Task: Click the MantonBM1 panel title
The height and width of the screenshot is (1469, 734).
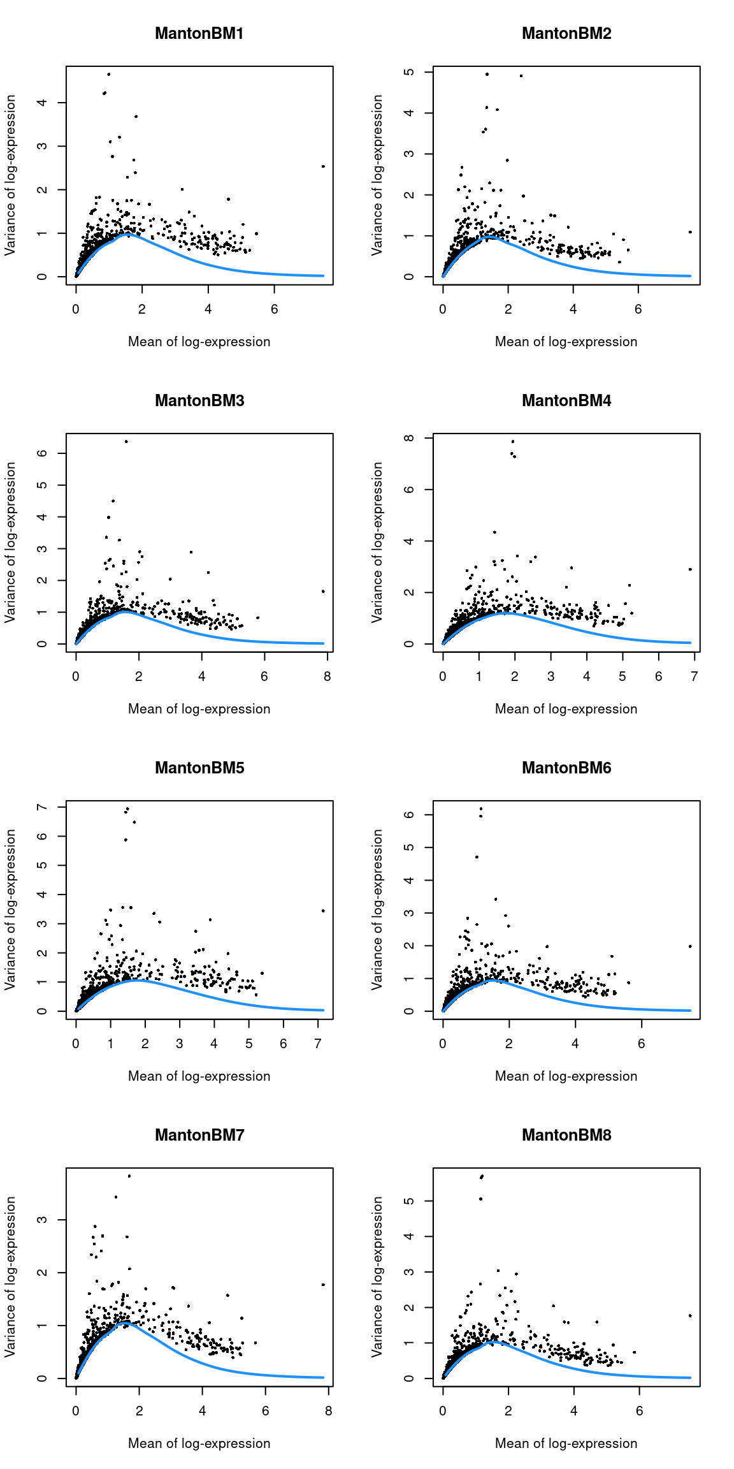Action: click(x=199, y=33)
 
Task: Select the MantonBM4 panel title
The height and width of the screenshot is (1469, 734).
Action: click(x=566, y=400)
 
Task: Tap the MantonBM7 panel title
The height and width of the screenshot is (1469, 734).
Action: click(x=199, y=1135)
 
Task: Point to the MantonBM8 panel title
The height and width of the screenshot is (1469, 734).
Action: click(x=566, y=1135)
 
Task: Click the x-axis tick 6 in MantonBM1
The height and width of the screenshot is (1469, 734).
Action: click(x=274, y=309)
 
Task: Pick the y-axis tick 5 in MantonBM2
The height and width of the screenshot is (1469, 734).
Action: click(x=409, y=72)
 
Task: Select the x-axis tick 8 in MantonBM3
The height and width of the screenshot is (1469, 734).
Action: click(x=327, y=676)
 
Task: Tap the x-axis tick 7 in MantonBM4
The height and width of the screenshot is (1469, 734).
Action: click(x=694, y=676)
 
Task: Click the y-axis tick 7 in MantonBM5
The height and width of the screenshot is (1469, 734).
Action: click(x=42, y=807)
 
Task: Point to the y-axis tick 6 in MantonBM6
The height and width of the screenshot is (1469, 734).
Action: click(x=409, y=815)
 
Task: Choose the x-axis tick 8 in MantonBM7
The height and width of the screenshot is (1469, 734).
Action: click(x=328, y=1411)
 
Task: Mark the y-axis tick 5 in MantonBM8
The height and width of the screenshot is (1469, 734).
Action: click(x=409, y=1201)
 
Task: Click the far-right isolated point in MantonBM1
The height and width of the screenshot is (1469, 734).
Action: click(x=323, y=166)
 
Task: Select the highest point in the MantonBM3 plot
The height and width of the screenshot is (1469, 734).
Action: click(x=126, y=441)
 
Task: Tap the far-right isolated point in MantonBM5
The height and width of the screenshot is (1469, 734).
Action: click(x=323, y=911)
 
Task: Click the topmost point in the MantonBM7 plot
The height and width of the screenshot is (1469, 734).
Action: click(x=129, y=1176)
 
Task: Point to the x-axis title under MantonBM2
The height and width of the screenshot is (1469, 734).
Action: click(x=566, y=342)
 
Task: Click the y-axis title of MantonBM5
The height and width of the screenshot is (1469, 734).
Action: click(x=10, y=909)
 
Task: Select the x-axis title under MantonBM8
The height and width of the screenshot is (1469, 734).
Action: click(x=566, y=1443)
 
